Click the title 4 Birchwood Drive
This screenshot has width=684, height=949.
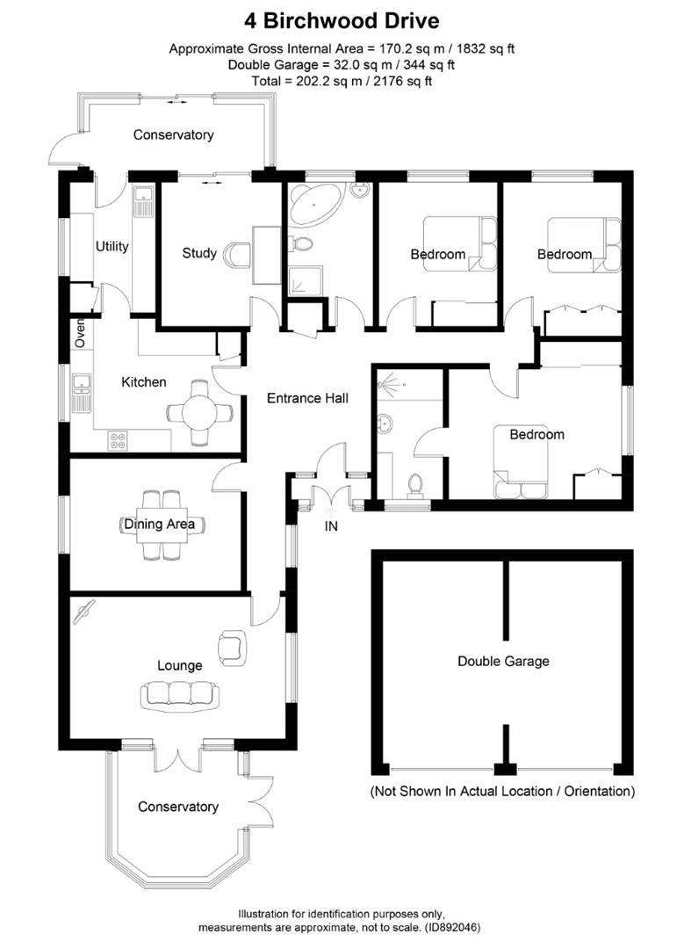coord(342,20)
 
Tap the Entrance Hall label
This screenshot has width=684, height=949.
coord(307,398)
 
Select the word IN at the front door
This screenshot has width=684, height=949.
coord(331,527)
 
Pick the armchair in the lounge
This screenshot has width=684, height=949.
coord(233,647)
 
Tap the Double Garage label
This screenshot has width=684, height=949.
coord(503,661)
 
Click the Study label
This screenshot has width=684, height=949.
coord(199,253)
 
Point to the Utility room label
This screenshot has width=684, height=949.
coord(112,246)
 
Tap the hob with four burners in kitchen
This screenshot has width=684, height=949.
coord(116,442)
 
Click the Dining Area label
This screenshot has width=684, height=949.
coord(159,525)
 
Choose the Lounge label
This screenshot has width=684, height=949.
coord(180,665)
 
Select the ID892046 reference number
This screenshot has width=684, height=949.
coord(450,927)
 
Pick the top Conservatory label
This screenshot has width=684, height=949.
coord(173,134)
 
